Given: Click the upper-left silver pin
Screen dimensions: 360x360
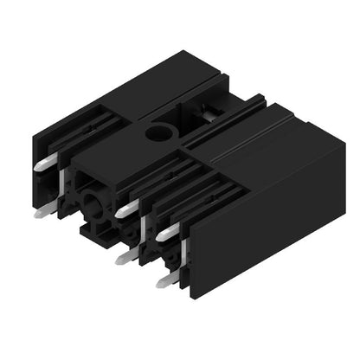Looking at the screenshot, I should pos(47,162).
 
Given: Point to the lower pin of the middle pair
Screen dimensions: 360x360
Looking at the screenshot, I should pos(126,257).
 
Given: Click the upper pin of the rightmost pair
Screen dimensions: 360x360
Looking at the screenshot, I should pos(168,231).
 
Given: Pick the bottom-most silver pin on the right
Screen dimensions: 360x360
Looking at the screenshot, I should pos(167,280).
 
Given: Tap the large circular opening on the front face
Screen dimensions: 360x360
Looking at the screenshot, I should pos(93,207).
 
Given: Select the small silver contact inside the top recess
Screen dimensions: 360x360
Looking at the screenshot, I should pos(210,110).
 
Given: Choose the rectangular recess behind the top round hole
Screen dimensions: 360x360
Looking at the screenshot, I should pos(208,104).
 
